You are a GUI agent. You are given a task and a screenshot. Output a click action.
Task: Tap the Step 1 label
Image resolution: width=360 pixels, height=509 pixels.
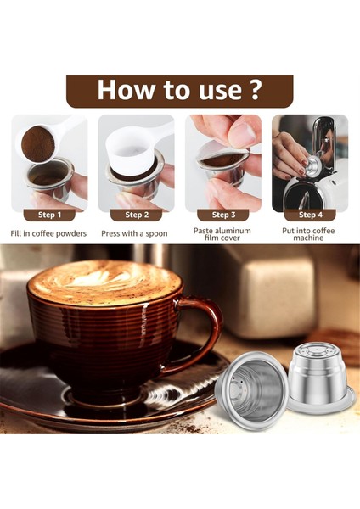pyautogui.click(x=49, y=215)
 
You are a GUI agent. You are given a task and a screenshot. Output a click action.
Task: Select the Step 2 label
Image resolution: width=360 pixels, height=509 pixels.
pyautogui.click(x=136, y=215)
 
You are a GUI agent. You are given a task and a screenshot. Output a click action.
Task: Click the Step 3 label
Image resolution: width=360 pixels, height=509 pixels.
pyautogui.click(x=223, y=215)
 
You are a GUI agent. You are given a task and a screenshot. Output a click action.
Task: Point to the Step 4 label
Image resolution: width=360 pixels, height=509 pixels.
pyautogui.click(x=310, y=215)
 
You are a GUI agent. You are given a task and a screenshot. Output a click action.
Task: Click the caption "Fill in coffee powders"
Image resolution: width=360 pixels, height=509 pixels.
pyautogui.click(x=49, y=232)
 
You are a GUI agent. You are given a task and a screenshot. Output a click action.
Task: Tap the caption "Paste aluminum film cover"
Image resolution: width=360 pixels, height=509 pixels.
pyautogui.click(x=223, y=235)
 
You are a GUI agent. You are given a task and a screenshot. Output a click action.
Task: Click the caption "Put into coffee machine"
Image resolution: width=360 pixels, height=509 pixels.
pyautogui.click(x=310, y=235)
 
